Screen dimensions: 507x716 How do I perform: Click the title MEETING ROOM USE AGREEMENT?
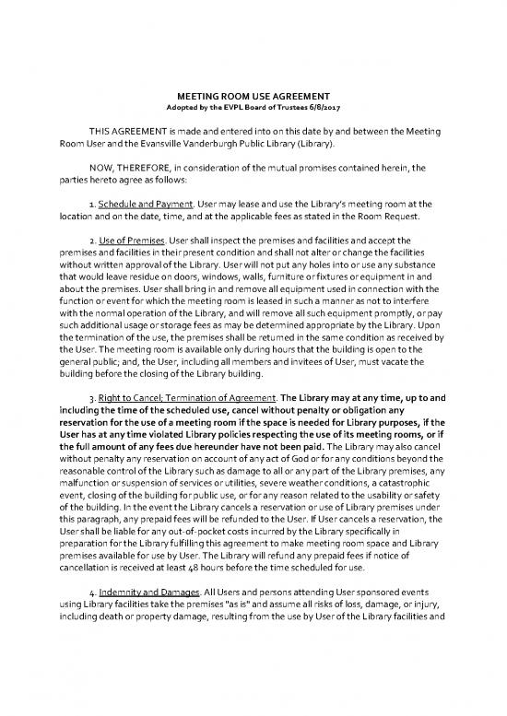coord(253,97)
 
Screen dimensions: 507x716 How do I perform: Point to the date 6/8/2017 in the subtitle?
coord(328,109)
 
